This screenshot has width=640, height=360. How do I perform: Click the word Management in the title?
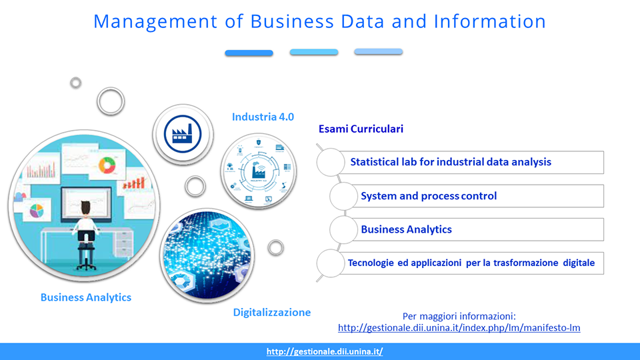point(155,22)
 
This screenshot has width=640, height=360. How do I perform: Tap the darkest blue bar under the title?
point(249,53)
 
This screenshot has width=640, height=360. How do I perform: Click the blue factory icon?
point(183,134)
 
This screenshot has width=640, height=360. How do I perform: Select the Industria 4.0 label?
point(263,117)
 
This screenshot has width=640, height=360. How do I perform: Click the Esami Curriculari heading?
point(361,129)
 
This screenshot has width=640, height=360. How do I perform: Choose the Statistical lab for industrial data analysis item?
point(451,162)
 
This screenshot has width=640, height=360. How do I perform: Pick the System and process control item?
point(429,196)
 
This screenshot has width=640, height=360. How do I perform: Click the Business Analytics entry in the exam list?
point(406,229)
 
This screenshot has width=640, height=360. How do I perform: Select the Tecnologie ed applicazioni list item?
point(471,263)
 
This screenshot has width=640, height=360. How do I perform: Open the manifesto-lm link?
point(459,328)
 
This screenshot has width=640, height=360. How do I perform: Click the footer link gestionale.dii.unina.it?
point(325,351)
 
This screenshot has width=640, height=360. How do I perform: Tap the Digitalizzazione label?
point(272,313)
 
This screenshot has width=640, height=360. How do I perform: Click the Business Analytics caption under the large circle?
point(86,297)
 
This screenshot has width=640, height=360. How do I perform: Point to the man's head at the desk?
point(85,208)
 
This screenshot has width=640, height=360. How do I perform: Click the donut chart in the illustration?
point(107,165)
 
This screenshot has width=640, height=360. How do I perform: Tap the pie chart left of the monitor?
point(37,211)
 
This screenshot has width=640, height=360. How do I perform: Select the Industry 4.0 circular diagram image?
point(259,171)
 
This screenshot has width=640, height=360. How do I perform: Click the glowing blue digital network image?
point(207,255)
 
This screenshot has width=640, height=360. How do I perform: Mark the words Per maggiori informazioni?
point(459,316)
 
